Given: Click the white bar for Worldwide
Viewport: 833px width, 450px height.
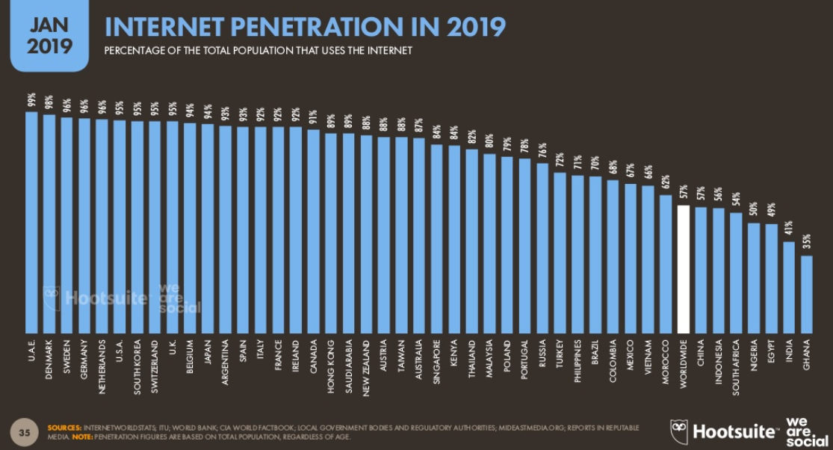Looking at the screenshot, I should coord(683,268).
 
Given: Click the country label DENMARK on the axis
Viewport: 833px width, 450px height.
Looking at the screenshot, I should coord(49,358).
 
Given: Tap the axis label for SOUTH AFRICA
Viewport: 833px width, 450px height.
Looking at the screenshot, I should coord(736,365).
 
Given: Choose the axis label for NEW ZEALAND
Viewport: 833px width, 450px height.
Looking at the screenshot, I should coord(367,365).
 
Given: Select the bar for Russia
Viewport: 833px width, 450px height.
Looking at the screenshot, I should coord(542,247).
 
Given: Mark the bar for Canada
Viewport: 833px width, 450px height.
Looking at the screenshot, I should coord(314,231).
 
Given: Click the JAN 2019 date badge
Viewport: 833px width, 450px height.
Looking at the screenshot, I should coord(49,34).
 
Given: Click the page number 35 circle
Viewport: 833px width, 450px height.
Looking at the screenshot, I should coord(25,431).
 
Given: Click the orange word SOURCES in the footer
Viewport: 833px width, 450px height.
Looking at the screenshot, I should coord(64,428).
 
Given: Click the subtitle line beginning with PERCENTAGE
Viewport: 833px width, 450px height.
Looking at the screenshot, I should coord(258,51).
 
